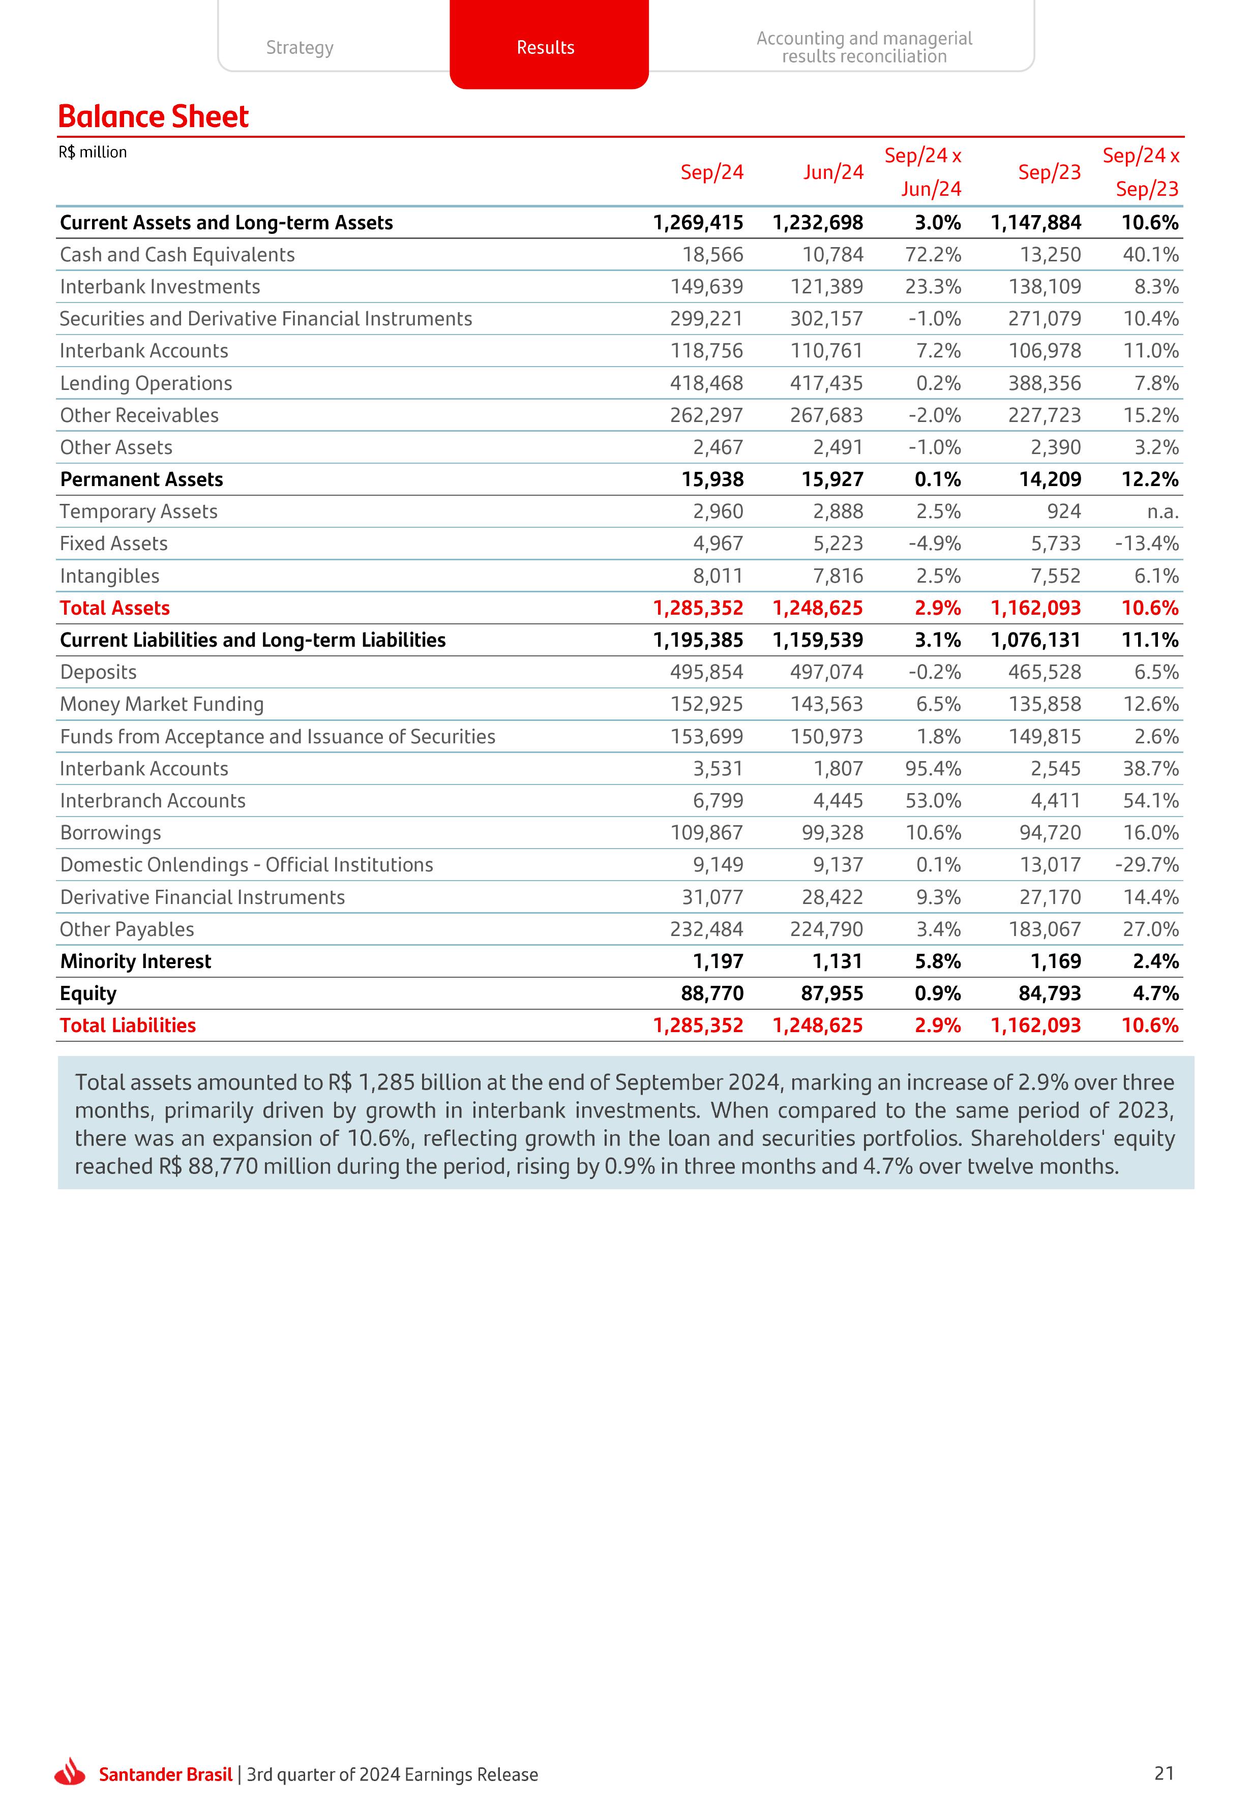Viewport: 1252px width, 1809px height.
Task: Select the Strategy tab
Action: click(300, 47)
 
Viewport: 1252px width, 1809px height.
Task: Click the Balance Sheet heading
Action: click(153, 117)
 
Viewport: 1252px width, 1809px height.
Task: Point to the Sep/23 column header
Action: click(1049, 172)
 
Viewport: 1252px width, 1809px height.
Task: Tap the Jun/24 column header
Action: click(832, 172)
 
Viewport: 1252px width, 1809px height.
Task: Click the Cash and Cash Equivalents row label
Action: click(177, 255)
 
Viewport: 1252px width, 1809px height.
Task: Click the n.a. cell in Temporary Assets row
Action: click(1162, 512)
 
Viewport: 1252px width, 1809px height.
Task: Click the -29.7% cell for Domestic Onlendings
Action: click(1146, 865)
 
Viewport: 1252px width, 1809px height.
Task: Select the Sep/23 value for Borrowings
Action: click(1050, 833)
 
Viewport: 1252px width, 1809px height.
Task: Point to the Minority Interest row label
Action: click(136, 961)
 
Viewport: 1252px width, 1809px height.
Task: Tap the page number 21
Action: click(1164, 1773)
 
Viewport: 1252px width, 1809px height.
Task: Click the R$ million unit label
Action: click(93, 152)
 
